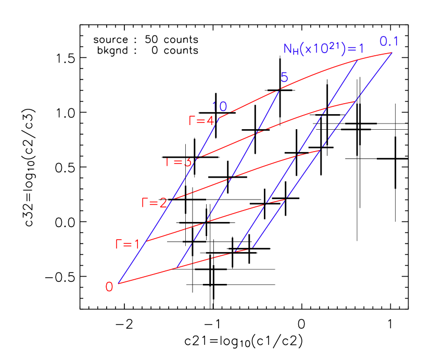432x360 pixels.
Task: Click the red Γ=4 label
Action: tap(201, 121)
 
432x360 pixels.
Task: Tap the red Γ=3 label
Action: tap(179, 162)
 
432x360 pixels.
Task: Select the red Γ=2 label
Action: tap(154, 203)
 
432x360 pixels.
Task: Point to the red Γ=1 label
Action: tap(128, 244)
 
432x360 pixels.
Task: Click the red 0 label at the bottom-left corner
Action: tap(109, 287)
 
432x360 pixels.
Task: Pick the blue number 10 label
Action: tap(220, 107)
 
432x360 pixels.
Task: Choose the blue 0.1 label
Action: tap(389, 41)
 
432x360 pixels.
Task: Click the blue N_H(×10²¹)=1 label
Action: tap(323, 49)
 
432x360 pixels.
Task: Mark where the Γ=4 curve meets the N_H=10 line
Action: tap(219, 118)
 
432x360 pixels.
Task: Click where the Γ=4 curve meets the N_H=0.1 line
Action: tap(392, 53)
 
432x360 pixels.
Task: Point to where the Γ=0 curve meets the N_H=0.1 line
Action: tap(253, 248)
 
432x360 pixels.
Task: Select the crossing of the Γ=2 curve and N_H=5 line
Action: tap(228, 180)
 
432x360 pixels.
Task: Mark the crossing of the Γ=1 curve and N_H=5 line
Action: tap(205, 222)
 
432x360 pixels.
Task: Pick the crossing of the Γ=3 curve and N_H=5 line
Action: tap(256, 133)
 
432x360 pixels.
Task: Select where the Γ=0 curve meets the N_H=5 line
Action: tap(177, 268)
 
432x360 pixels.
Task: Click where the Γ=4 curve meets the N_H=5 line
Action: tap(279, 90)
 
